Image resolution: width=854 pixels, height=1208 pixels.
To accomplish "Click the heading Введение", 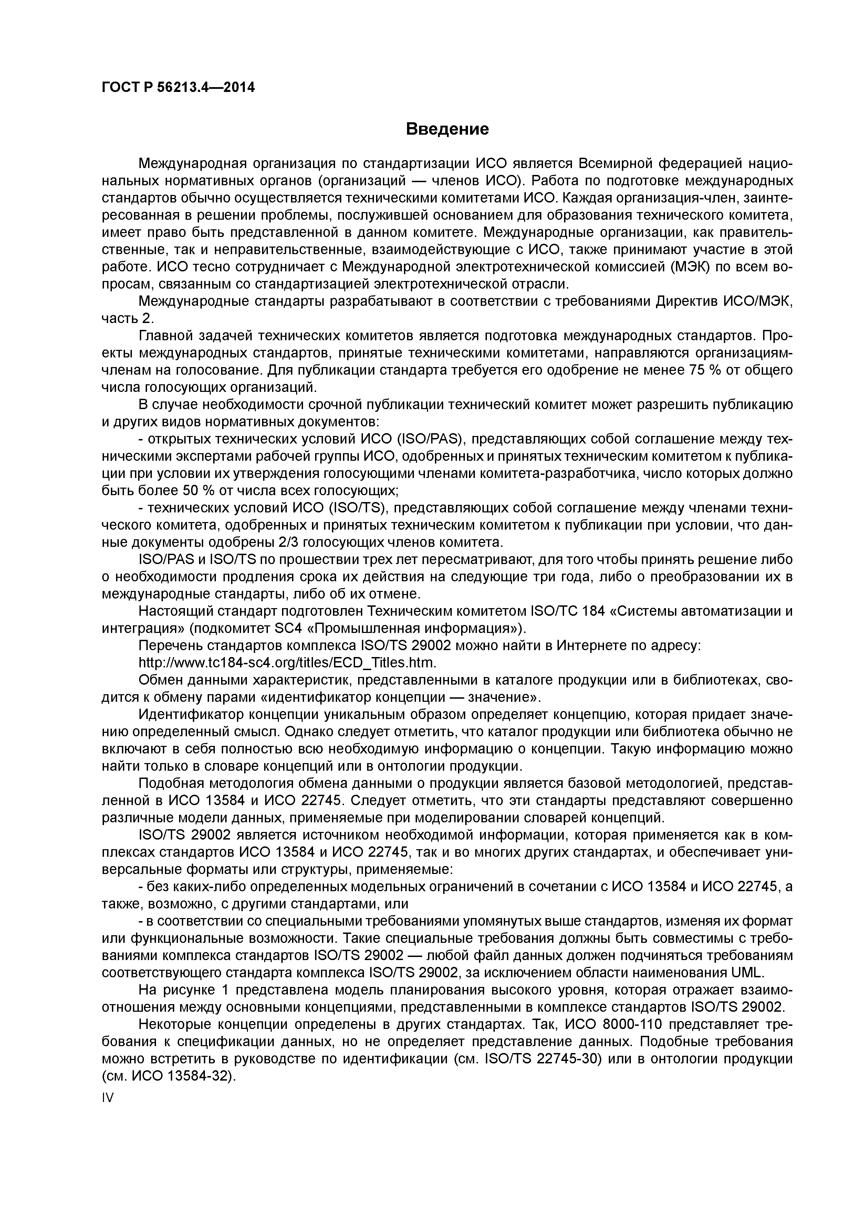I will (447, 129).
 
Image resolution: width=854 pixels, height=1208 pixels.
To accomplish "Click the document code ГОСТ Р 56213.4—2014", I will (178, 87).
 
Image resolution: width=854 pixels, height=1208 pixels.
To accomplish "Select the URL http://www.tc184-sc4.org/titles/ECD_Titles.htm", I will (287, 662).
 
